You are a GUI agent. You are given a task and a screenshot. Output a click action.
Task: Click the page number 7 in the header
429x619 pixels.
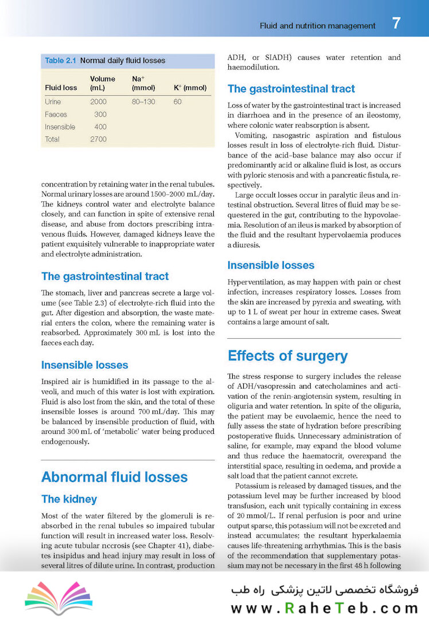click(396, 25)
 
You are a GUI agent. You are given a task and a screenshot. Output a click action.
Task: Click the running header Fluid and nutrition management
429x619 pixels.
click(318, 26)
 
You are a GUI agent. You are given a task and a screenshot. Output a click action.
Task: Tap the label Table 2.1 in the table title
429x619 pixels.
click(61, 60)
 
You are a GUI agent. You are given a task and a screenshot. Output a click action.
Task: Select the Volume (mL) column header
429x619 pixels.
click(103, 83)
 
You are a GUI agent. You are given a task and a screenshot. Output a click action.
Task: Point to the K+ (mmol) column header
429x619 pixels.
click(190, 88)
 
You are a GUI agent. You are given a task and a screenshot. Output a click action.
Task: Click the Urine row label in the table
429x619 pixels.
click(53, 101)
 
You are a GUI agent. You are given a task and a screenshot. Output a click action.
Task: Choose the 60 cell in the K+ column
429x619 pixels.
click(177, 101)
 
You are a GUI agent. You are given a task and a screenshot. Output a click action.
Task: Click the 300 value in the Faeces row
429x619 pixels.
click(100, 114)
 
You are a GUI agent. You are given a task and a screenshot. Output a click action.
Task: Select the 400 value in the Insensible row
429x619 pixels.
click(100, 127)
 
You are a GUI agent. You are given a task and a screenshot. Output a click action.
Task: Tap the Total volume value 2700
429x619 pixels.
click(99, 139)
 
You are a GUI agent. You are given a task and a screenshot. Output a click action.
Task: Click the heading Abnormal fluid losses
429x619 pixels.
click(114, 477)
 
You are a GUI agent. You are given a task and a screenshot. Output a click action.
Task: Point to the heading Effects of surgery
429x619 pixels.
click(287, 356)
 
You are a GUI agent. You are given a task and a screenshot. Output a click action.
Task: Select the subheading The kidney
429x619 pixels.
click(69, 499)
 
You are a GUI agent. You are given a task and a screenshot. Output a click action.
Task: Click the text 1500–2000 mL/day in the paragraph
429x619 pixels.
click(163, 194)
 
